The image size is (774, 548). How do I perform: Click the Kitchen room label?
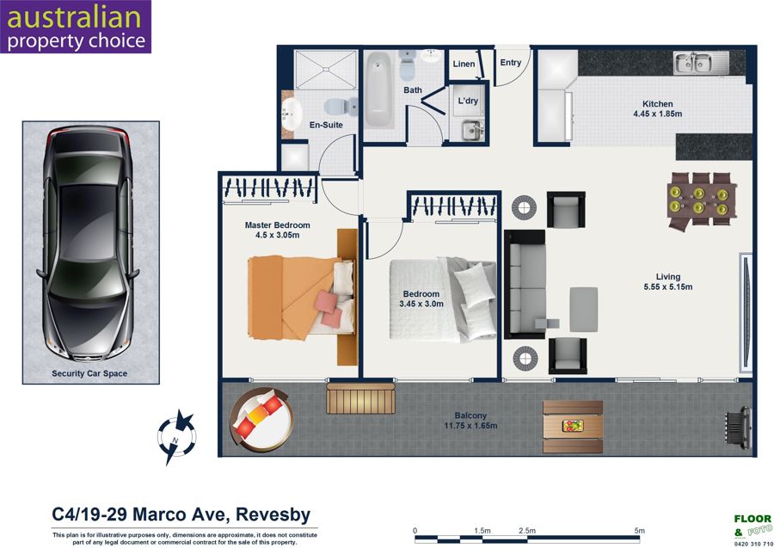pos(658,104)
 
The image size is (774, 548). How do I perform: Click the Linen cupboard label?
pos(464,64)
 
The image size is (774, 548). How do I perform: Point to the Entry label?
pos(510,63)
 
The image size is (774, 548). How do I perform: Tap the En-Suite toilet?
pos(341,105)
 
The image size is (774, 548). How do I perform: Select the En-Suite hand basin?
pos(292,114)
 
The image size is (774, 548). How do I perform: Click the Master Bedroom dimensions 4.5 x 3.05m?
pos(278,236)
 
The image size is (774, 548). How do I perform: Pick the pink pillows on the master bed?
pos(328,309)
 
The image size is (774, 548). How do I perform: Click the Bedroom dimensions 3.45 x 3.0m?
pos(421,305)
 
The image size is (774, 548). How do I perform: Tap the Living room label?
pos(668,277)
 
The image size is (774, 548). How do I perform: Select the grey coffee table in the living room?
pos(584,310)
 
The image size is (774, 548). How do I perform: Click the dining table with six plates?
pos(701,200)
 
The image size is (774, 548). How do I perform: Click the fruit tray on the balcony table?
pos(573,426)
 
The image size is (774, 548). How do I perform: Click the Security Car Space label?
pos(89,373)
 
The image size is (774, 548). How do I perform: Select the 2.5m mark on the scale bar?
pos(527,531)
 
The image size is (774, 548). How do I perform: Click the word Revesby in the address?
pos(273,514)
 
